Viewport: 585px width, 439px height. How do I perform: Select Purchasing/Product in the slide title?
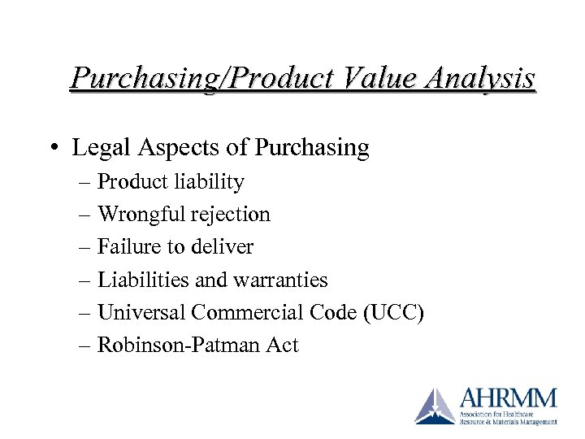[201, 78]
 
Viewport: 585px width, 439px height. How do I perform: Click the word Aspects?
[171, 148]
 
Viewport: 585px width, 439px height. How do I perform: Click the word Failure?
[126, 247]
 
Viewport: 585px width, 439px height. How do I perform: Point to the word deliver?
[224, 247]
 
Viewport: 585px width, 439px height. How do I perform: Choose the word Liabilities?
[143, 280]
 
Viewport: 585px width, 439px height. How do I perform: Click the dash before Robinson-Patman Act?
[86, 346]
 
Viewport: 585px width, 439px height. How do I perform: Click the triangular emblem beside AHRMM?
[436, 406]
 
